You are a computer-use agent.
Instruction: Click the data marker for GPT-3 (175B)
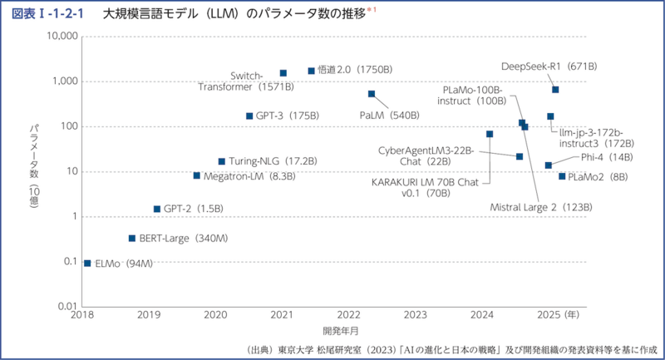[x=249, y=116]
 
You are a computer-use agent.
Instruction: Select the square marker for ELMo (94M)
[x=87, y=263]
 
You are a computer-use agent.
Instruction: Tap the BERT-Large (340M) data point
[x=132, y=238]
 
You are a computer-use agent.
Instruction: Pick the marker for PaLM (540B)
[x=372, y=94]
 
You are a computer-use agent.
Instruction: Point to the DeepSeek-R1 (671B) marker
[x=555, y=90]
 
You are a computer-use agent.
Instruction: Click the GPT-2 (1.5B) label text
[x=192, y=209]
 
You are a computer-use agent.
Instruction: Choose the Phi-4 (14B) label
[x=608, y=156]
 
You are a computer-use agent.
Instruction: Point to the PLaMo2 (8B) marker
[x=562, y=176]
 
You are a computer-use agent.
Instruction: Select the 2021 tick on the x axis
[x=282, y=316]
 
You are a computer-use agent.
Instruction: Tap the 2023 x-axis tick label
[x=415, y=316]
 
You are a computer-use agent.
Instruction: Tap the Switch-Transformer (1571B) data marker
[x=283, y=73]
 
